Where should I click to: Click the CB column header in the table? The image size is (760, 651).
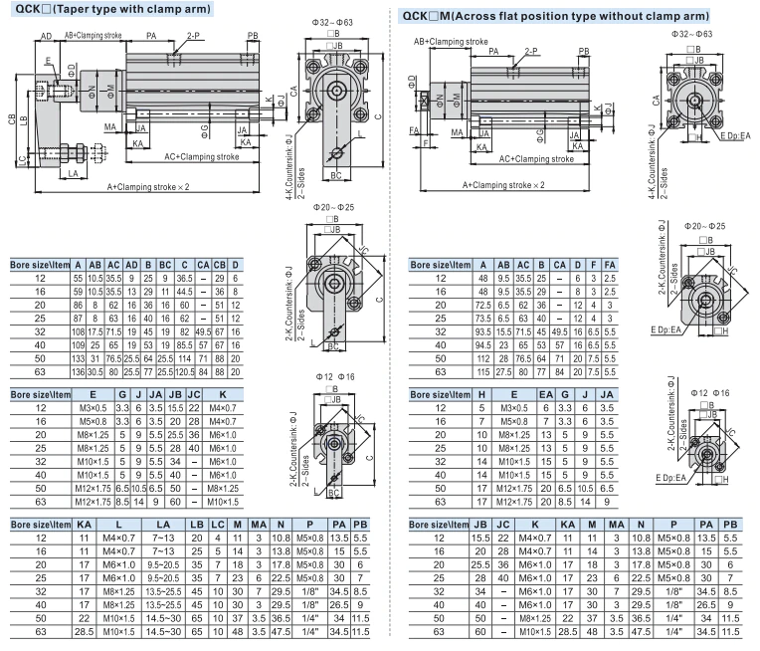coord(222,265)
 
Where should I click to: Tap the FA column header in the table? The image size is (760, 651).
coord(609,265)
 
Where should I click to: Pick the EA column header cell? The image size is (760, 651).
coord(546,395)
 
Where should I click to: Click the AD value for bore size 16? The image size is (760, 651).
coord(132,291)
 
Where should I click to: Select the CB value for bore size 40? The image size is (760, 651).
coord(222,343)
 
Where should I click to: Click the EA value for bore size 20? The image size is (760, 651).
coord(546,434)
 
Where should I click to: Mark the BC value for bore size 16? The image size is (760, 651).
coord(165,291)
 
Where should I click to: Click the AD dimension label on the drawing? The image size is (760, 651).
coord(47,35)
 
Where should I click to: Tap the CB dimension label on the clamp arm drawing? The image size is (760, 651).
coord(11,119)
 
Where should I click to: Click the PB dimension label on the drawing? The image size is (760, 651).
coord(253,36)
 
